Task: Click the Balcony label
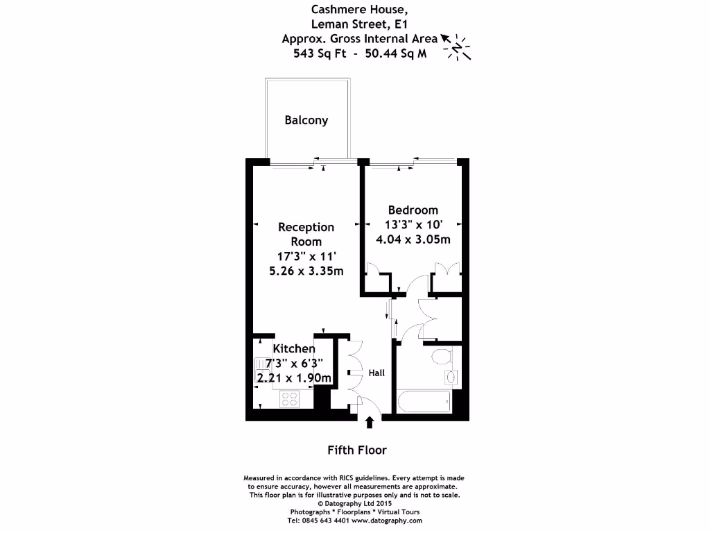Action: click(306, 120)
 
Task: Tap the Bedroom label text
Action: click(413, 210)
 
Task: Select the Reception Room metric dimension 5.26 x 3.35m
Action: click(306, 271)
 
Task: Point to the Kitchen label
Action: click(293, 348)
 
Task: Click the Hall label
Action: click(376, 373)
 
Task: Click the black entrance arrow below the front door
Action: click(369, 421)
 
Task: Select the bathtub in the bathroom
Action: click(423, 400)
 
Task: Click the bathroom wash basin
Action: click(450, 377)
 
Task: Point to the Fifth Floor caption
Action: click(356, 450)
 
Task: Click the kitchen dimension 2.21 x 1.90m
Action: click(293, 378)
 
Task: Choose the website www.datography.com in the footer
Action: click(386, 520)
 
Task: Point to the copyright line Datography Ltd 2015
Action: click(354, 503)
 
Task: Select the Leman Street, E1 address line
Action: click(354, 24)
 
